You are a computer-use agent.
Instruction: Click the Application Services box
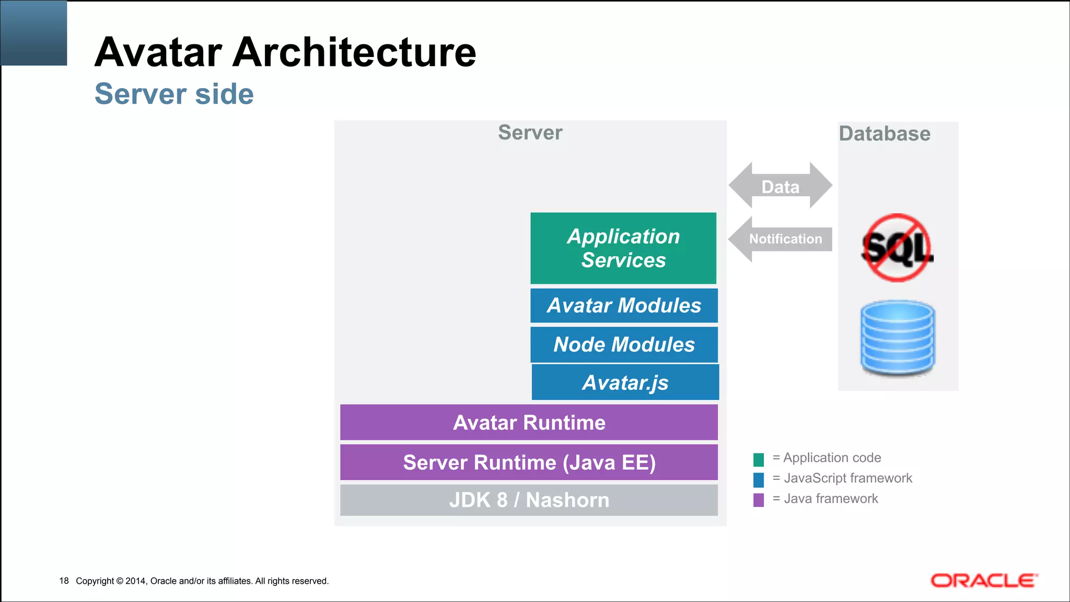click(623, 248)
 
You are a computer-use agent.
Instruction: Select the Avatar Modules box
click(624, 306)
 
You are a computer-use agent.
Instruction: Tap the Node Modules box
click(624, 345)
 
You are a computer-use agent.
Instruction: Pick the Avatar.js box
click(625, 383)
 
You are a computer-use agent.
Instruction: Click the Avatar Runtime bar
click(529, 422)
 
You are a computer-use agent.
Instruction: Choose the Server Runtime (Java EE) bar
click(529, 462)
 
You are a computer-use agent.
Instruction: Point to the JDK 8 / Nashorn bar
click(529, 500)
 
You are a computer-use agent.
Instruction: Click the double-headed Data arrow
click(781, 186)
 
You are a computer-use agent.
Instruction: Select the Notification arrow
click(781, 239)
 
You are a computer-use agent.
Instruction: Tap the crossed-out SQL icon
click(897, 248)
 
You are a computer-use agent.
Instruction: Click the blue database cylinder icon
click(898, 338)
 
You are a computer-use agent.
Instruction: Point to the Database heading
click(885, 134)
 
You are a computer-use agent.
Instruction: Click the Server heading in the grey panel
click(530, 133)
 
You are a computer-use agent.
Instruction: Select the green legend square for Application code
click(759, 459)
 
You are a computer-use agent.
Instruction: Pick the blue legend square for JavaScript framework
click(759, 479)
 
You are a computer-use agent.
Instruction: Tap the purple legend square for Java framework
click(759, 500)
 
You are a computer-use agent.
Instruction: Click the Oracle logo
click(984, 581)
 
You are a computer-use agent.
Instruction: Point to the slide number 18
click(64, 581)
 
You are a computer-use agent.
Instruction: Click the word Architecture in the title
click(354, 52)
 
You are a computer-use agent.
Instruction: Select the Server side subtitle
click(174, 94)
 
